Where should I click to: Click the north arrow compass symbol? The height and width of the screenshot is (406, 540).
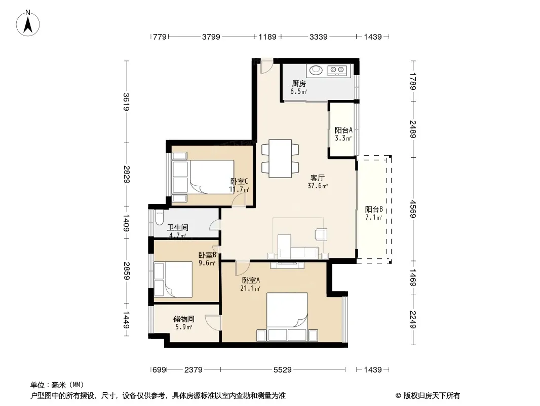point(28,23)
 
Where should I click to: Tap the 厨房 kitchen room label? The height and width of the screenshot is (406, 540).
point(298,83)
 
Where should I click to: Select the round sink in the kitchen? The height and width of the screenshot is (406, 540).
point(316,70)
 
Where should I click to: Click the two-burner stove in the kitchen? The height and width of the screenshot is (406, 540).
point(337,71)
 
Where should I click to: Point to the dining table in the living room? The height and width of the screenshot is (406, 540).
point(280,158)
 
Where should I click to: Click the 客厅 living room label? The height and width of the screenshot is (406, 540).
point(317,178)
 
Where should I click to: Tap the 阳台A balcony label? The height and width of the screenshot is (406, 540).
point(343,130)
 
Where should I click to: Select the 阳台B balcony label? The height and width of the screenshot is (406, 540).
point(374,210)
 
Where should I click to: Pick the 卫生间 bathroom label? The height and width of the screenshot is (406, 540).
point(178,227)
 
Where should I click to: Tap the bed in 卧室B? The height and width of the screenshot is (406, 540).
point(173,280)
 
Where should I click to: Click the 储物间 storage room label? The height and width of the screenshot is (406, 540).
point(183,319)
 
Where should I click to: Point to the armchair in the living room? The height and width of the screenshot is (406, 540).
point(321,234)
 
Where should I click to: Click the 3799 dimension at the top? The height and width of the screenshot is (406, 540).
point(211,37)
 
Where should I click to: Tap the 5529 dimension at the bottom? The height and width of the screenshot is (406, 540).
point(282,370)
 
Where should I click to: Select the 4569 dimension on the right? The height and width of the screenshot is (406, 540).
point(413,209)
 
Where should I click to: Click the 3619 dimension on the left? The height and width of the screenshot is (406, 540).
point(127,102)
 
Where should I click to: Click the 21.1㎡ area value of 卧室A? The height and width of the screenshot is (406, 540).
point(250,288)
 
